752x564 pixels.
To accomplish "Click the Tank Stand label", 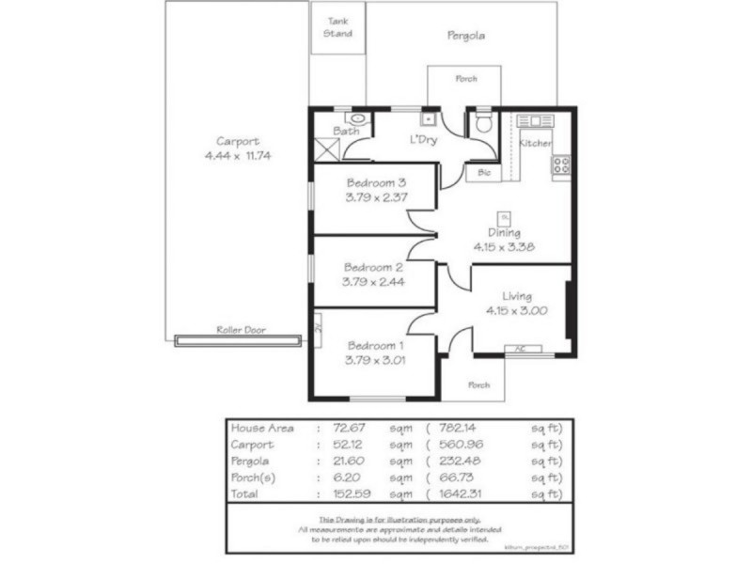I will click(x=337, y=27).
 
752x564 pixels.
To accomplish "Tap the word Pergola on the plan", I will click(x=465, y=36).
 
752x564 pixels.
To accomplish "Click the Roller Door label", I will click(x=241, y=331).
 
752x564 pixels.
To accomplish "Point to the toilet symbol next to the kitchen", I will click(x=483, y=123).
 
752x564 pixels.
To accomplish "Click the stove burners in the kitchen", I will click(x=561, y=164).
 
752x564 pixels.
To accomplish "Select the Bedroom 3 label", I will click(x=376, y=182).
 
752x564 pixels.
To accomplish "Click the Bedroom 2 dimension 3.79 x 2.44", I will click(x=374, y=280).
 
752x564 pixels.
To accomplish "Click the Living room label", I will click(x=517, y=295).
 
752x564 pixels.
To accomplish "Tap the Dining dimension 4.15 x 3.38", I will click(x=505, y=248).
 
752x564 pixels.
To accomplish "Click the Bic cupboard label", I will click(x=484, y=173).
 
